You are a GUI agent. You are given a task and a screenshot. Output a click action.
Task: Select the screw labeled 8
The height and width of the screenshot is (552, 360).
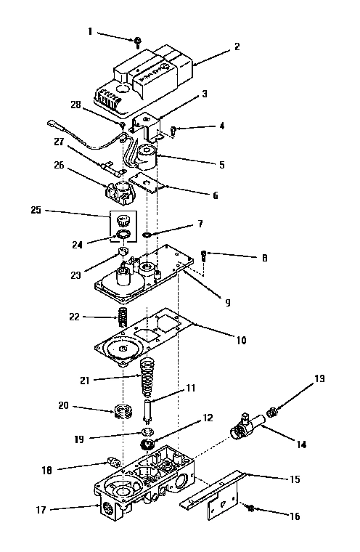[205, 255]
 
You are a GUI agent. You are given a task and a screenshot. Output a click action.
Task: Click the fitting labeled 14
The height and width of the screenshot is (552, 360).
[245, 426]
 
